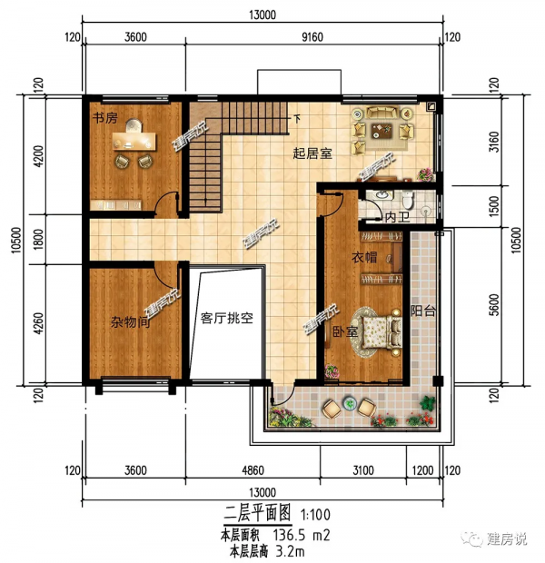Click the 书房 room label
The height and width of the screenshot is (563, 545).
pyautogui.click(x=104, y=117)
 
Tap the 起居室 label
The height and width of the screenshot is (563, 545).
pyautogui.click(x=312, y=153)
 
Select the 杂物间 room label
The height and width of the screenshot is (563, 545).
pyautogui.click(x=130, y=322)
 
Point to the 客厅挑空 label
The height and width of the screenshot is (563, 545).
pyautogui.click(x=227, y=318)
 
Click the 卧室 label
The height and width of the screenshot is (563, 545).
pyautogui.click(x=344, y=331)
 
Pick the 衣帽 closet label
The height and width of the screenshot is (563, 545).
pyautogui.click(x=364, y=257)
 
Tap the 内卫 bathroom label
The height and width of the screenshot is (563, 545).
pyautogui.click(x=397, y=217)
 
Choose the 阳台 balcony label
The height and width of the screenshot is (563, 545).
pyautogui.click(x=423, y=311)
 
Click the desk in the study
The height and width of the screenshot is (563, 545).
pyautogui.click(x=134, y=141)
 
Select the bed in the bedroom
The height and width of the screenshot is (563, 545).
pyautogui.click(x=381, y=331)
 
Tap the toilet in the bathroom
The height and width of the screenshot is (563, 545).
pyautogui.click(x=408, y=200)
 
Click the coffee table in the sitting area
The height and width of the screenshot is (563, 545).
pyautogui.click(x=381, y=131)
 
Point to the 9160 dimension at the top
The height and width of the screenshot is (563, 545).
pyautogui.click(x=312, y=37)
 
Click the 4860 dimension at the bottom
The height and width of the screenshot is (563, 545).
pyautogui.click(x=253, y=470)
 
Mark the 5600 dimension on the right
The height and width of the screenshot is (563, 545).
pyautogui.click(x=495, y=305)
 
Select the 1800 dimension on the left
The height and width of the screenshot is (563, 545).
pyautogui.click(x=38, y=239)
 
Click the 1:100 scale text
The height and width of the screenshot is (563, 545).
pyautogui.click(x=315, y=515)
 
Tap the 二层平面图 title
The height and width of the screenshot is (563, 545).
pyautogui.click(x=257, y=513)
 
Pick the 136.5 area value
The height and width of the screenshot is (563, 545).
pyautogui.click(x=289, y=536)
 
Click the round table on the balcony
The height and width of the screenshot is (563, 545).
pyautogui.click(x=349, y=404)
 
